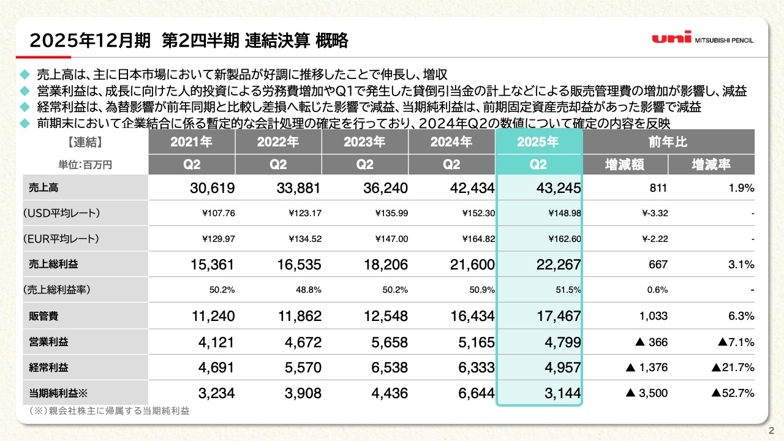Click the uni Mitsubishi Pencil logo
703,39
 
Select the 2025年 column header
538,142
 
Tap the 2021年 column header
191,142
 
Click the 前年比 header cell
668,142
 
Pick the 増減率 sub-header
711,164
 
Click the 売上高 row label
45,188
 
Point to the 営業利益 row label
49,342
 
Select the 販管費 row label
45,317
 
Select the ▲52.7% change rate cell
733,393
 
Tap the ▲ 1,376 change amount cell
647,367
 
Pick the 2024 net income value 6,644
475,393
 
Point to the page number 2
771,429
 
